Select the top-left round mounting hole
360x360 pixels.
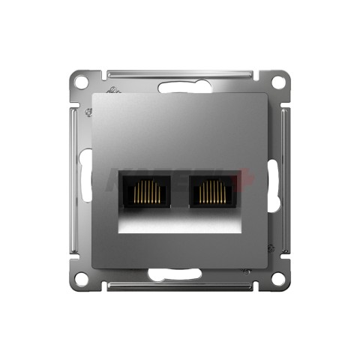pos(82,80)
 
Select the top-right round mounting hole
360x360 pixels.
pos(278,80)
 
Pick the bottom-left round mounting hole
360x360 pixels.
pos(82,277)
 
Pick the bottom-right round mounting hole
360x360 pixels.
pos(278,277)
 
